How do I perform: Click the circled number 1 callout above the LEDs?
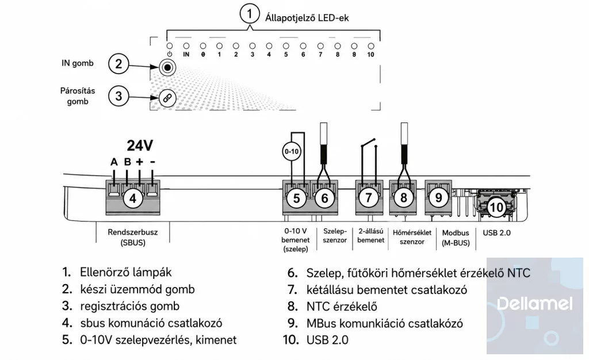tap(250, 14)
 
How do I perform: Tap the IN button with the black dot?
tap(167, 67)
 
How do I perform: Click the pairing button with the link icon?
tap(167, 98)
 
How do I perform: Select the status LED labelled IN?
tap(186, 46)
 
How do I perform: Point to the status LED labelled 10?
tap(371, 46)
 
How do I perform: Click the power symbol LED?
tap(170, 46)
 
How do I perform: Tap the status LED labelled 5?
tap(286, 46)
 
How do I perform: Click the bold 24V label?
tap(140, 145)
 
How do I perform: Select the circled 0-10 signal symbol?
tap(292, 152)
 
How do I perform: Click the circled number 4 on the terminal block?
tap(133, 198)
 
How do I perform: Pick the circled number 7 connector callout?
tap(369, 197)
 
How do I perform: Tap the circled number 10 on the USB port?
tap(496, 207)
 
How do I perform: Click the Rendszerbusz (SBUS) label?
tap(133, 238)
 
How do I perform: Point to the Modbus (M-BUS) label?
tap(456, 238)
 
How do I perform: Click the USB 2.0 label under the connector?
tap(496, 233)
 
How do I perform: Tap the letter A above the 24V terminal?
tap(114, 162)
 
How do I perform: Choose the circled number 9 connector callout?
tap(438, 197)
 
